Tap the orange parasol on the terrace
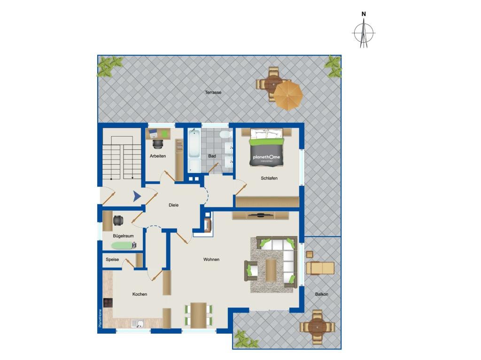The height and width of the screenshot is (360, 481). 288,95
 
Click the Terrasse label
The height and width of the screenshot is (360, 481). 213,92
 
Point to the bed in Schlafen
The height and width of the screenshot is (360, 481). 267,147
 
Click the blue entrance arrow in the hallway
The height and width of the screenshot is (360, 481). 137,197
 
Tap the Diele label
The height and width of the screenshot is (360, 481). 174,205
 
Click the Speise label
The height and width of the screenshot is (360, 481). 112,259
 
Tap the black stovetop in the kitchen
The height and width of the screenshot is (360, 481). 108,303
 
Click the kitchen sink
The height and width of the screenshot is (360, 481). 137,322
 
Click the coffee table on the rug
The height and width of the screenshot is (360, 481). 271,270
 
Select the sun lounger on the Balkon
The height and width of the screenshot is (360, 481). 320,268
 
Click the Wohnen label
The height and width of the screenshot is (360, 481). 211,260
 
